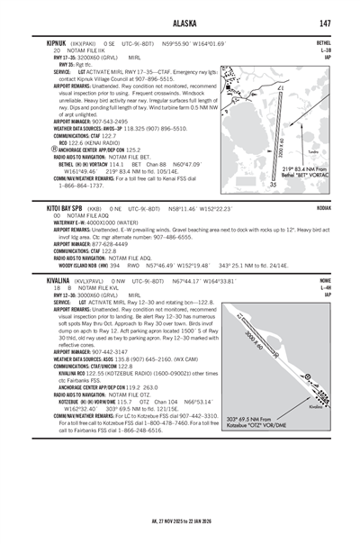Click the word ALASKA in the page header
coord(180,8)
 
